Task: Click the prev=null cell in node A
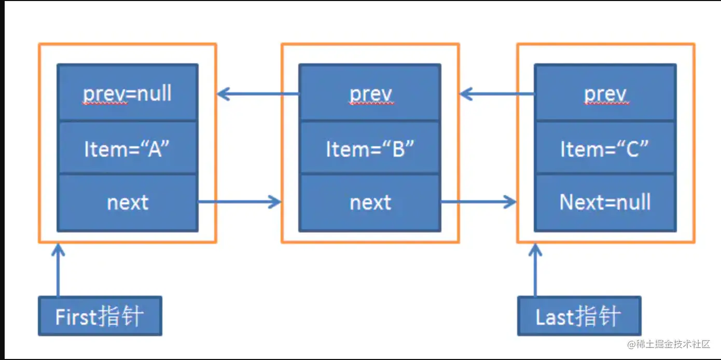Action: [127, 93]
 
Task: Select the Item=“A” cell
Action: [127, 149]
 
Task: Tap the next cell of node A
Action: [127, 202]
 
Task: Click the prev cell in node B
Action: [370, 93]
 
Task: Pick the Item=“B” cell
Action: [370, 149]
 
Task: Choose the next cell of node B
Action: [370, 202]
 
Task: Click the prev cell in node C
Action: [605, 93]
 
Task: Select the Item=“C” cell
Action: [605, 149]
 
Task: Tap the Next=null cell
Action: [605, 202]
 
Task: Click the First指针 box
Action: [100, 316]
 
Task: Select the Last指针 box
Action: [579, 316]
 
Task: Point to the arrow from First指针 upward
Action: [58, 270]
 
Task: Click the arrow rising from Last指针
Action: [535, 270]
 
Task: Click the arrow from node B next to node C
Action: [478, 202]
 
